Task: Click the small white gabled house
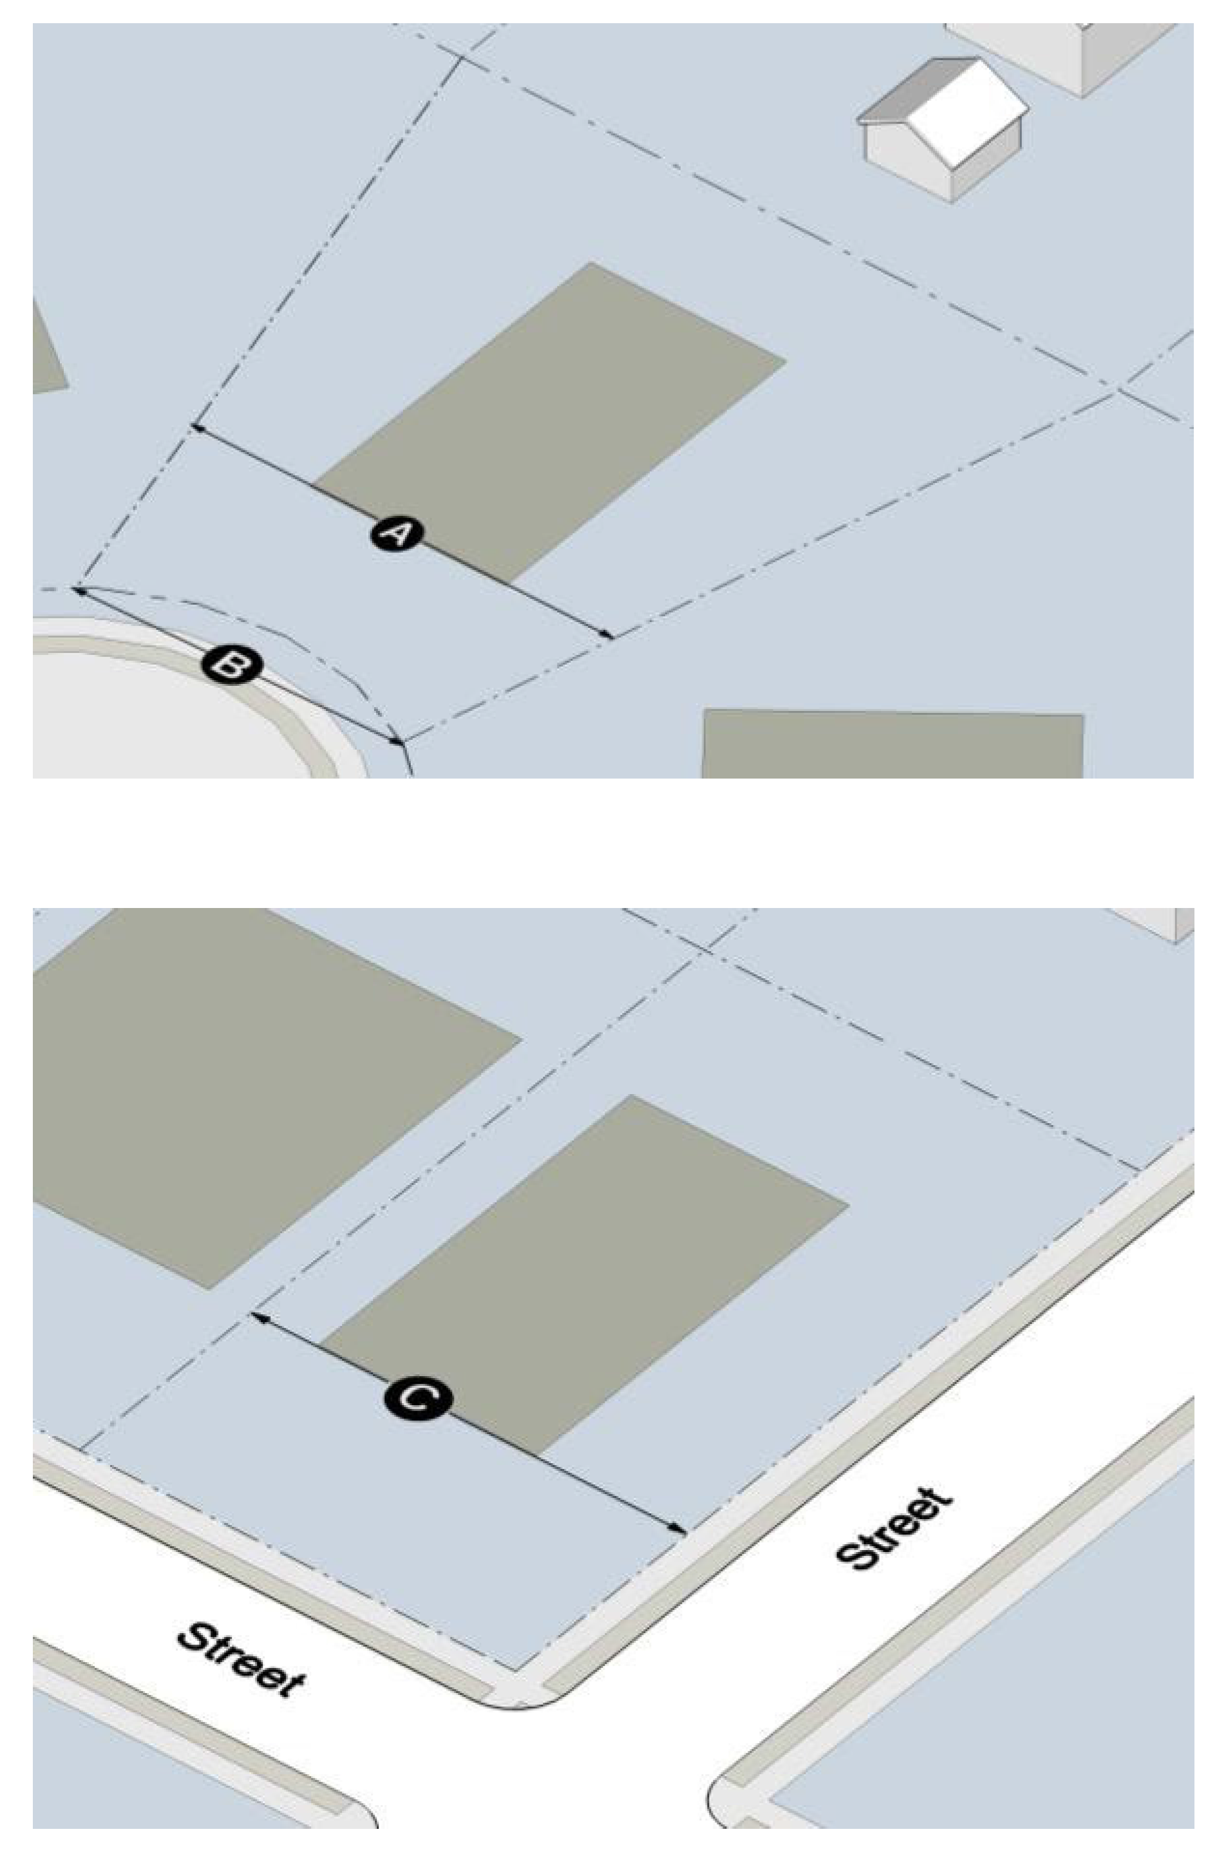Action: [x=943, y=129]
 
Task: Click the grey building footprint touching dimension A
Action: [x=549, y=421]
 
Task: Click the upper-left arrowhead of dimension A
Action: [x=196, y=427]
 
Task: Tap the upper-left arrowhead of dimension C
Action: [x=255, y=1316]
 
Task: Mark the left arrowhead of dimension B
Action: [x=79, y=591]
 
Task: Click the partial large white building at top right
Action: [x=1068, y=55]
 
